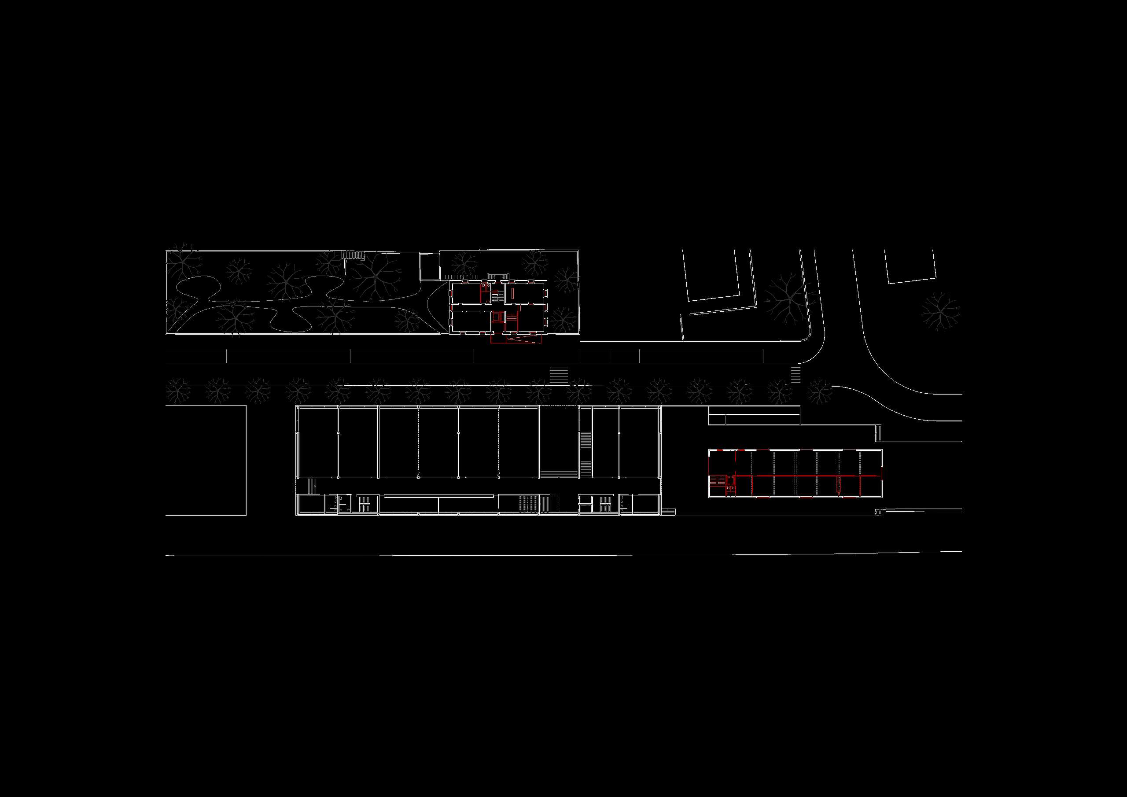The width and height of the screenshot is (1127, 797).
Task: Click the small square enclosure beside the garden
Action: click(x=430, y=267)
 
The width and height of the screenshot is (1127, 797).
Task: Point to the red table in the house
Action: click(x=512, y=293)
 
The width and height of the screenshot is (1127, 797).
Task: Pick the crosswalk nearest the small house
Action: click(x=559, y=375)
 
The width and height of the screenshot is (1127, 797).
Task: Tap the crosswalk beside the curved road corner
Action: click(x=796, y=375)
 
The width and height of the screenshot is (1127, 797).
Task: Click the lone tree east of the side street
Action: click(x=940, y=312)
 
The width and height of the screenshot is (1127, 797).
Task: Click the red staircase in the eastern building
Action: click(x=718, y=481)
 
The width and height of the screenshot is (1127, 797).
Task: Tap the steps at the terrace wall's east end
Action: click(x=879, y=433)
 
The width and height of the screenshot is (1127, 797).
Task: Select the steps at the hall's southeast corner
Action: click(x=668, y=512)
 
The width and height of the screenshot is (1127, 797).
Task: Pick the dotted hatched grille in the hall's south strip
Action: click(x=528, y=504)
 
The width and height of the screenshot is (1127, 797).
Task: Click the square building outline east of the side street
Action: click(x=911, y=266)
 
